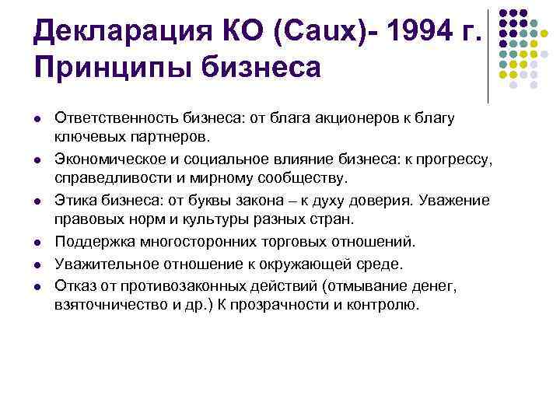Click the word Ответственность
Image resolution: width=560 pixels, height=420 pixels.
coord(117,117)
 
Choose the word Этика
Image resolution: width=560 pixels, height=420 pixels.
coord(74,201)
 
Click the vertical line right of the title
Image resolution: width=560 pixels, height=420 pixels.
coord(488,54)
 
